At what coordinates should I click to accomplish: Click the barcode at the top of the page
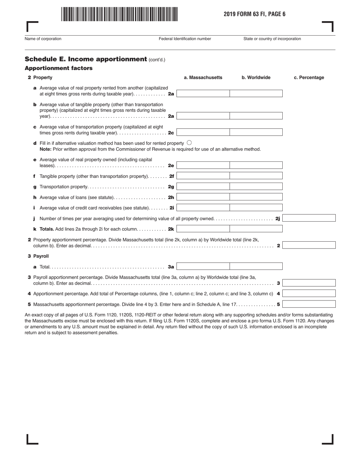119,14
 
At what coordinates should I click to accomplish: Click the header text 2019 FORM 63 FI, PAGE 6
254,14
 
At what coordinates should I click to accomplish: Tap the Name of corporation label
43,39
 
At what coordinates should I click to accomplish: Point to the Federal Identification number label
185,39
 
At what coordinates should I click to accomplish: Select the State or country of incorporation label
272,39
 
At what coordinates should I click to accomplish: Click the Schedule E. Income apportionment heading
86,59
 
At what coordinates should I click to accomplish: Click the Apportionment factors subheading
58,68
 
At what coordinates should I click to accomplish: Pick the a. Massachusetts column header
203,78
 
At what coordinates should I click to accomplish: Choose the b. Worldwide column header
256,78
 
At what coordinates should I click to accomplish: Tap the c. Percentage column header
309,78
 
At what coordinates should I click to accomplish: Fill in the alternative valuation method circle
189,143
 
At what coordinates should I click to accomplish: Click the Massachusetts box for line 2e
203,165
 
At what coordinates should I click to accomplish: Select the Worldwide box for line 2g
256,186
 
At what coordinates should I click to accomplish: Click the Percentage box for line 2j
309,218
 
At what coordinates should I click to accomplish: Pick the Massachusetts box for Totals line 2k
203,229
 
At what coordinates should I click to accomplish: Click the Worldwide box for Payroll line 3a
256,266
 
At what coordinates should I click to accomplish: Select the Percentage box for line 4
309,293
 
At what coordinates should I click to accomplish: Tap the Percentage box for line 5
309,304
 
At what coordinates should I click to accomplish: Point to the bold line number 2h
171,197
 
